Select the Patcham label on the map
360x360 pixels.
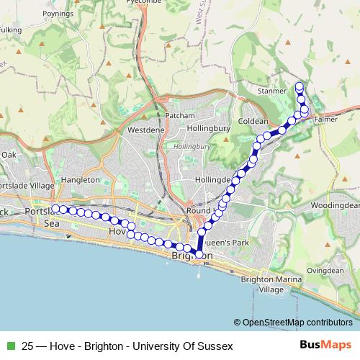(x=180, y=115)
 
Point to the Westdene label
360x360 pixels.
(x=146, y=130)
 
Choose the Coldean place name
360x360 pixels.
(x=253, y=122)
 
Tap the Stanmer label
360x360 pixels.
(x=271, y=91)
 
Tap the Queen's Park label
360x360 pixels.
(x=226, y=243)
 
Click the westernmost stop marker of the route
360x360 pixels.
(x=55, y=209)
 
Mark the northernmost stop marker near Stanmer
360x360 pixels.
(x=300, y=86)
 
